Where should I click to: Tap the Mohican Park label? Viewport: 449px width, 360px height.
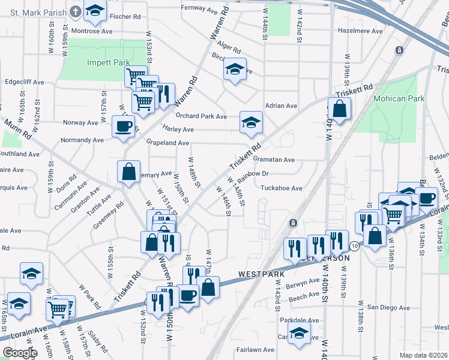pos(399,98)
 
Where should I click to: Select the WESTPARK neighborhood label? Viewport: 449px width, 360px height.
pos(261,274)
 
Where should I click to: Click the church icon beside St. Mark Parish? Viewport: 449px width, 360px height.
pos(75,11)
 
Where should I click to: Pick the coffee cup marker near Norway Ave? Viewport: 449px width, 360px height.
pos(124,126)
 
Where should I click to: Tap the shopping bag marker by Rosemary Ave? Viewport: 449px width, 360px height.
pos(129,172)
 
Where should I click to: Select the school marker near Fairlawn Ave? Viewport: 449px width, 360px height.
pos(298,334)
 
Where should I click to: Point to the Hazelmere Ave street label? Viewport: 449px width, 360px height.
pos(360,31)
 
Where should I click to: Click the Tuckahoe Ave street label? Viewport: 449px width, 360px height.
pos(282,188)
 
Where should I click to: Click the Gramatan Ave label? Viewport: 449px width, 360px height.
pos(274,160)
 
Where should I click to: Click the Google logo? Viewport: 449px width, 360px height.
pos(20,353)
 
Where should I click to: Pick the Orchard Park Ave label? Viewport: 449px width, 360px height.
pos(201,116)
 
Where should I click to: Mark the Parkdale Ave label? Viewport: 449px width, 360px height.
pos(299,319)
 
